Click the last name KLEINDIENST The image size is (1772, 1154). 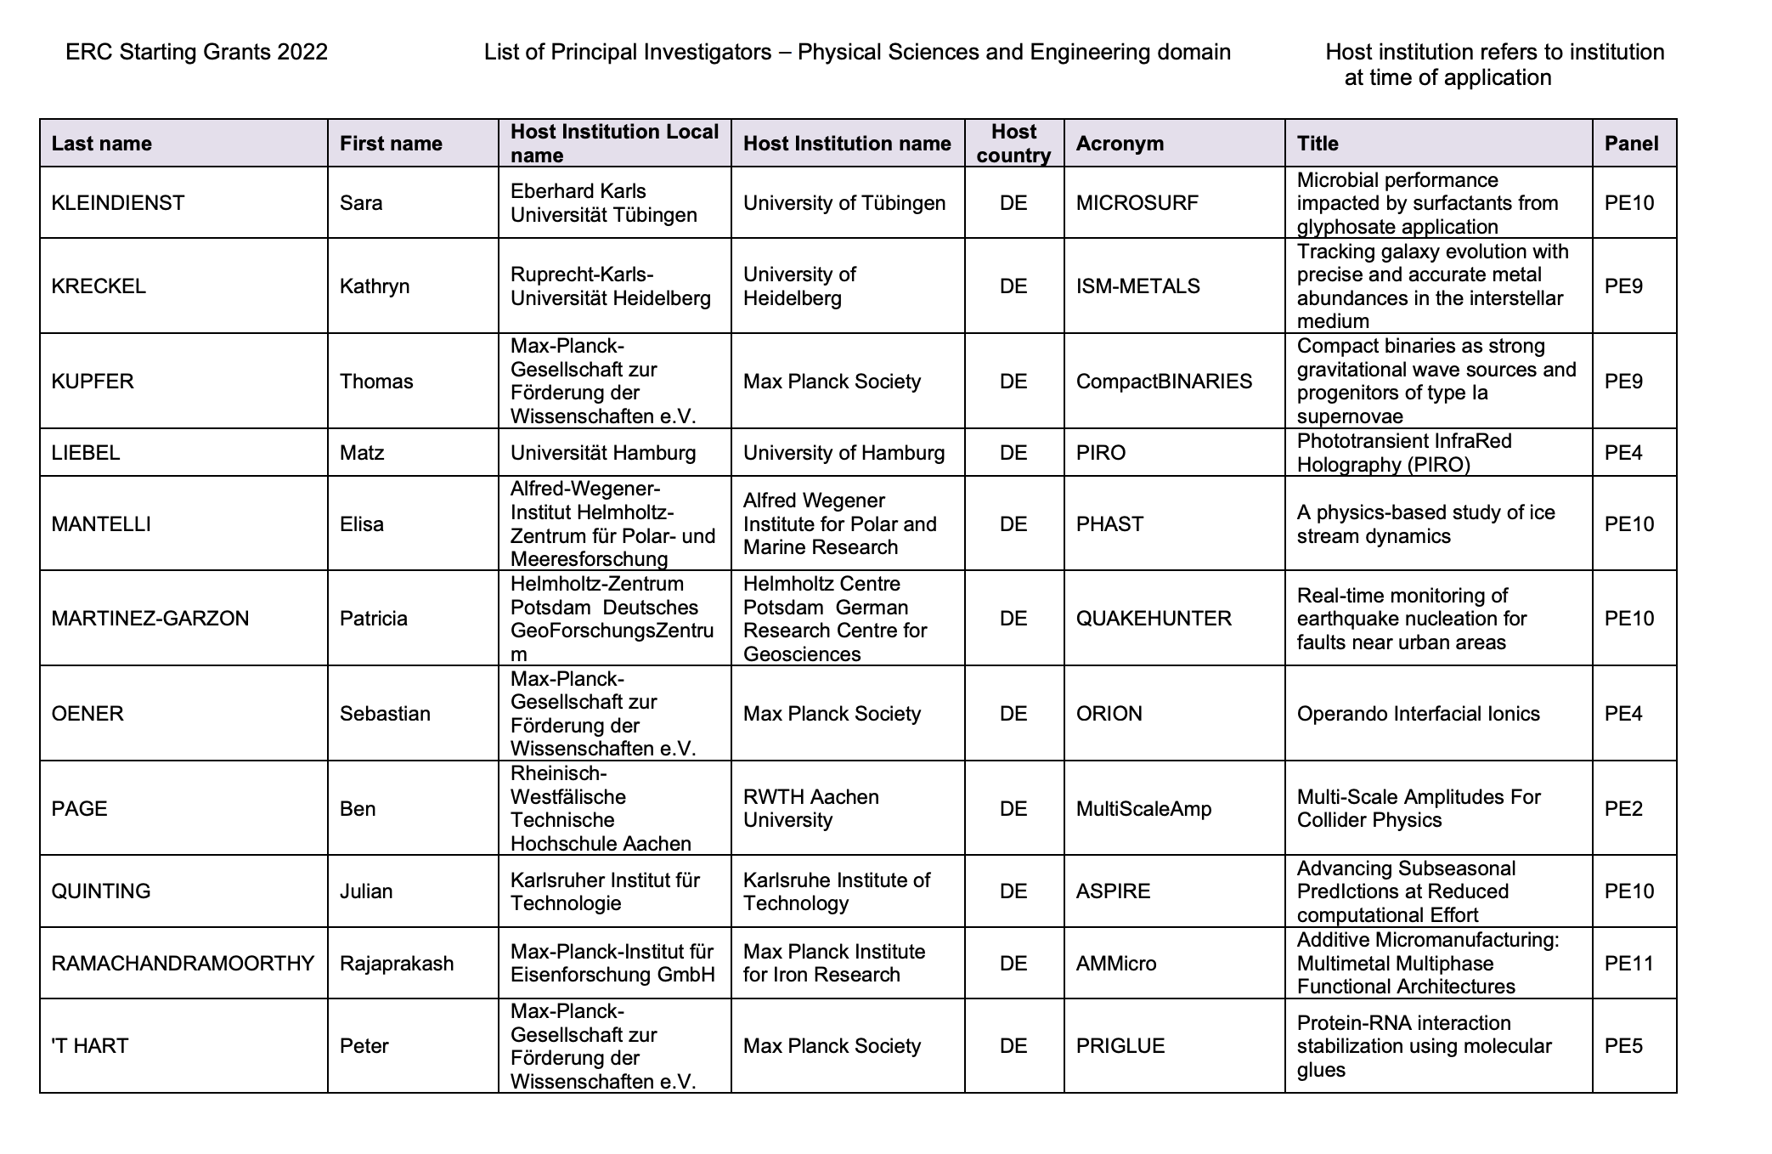click(x=118, y=203)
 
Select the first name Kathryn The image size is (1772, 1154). click(x=375, y=286)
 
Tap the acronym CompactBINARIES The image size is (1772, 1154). click(x=1164, y=382)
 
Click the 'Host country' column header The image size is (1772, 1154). click(x=1013, y=144)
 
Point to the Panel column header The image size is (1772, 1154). click(x=1631, y=144)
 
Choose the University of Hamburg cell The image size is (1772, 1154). click(x=844, y=453)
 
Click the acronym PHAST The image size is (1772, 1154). click(x=1109, y=524)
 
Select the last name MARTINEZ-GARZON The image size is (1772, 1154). click(x=150, y=619)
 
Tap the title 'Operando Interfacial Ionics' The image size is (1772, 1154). click(x=1418, y=714)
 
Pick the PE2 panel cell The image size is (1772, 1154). click(x=1623, y=809)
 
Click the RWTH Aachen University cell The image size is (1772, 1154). click(x=810, y=809)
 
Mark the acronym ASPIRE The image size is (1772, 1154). click(x=1113, y=891)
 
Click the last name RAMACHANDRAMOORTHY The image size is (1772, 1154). click(x=183, y=964)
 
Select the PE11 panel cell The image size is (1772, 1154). click(x=1628, y=964)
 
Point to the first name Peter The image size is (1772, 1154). click(x=364, y=1046)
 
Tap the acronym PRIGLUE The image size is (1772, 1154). click(x=1120, y=1046)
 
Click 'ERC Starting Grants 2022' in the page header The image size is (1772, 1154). click(x=196, y=53)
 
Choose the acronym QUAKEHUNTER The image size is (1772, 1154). click(x=1153, y=619)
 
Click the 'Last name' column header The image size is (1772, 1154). click(x=101, y=144)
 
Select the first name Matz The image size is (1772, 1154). click(x=362, y=453)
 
